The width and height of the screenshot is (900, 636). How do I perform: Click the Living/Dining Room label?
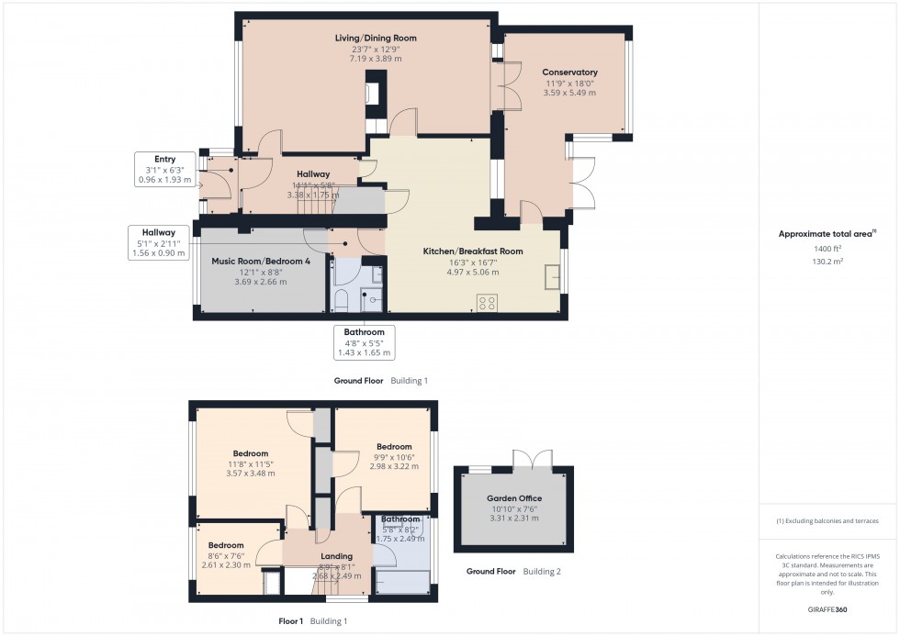[x=375, y=39]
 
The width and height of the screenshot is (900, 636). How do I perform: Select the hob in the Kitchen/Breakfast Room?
[x=485, y=301]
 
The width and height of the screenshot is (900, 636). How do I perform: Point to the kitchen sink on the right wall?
[x=551, y=276]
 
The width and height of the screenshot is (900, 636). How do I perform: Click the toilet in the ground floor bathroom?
[x=339, y=300]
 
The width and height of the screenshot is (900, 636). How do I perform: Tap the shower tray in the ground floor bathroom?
[x=374, y=300]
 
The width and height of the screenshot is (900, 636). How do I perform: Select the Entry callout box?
[x=164, y=170]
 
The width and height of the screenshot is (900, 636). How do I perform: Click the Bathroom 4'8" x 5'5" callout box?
[x=364, y=341]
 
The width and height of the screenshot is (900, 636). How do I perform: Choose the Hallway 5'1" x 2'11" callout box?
[x=152, y=242]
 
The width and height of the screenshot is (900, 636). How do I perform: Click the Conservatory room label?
[x=569, y=73]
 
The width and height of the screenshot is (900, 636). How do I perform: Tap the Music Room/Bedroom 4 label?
[x=261, y=262]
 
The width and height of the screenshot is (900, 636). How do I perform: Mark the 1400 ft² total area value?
[x=827, y=249]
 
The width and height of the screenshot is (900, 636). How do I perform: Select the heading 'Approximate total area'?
[x=827, y=234]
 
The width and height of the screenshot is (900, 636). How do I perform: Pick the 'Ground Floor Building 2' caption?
[x=513, y=571]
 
